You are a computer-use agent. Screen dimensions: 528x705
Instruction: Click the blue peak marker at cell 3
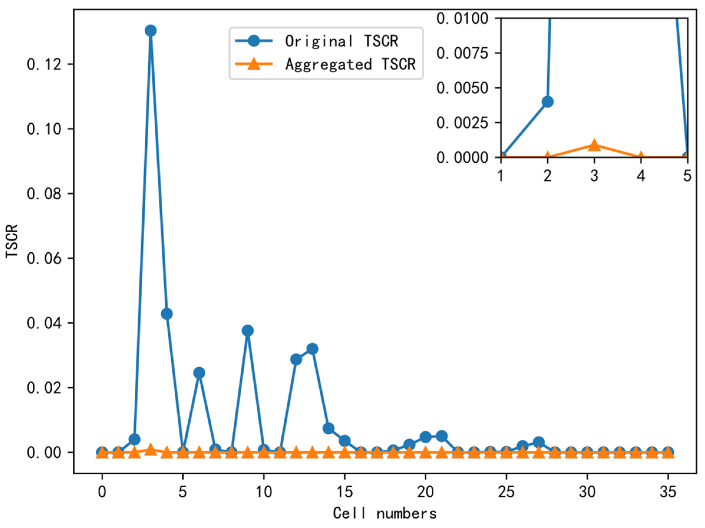point(151,31)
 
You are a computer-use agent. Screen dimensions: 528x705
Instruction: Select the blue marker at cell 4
point(167,314)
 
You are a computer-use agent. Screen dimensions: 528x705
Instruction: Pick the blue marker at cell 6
point(199,373)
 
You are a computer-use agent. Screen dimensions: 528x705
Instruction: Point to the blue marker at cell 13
point(312,349)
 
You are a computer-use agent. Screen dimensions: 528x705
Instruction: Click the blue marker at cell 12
point(296,360)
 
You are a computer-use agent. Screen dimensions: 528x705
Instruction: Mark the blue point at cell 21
point(442,436)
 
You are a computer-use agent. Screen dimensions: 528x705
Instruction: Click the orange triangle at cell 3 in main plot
point(151,450)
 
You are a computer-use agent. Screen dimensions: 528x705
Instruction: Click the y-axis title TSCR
point(12,241)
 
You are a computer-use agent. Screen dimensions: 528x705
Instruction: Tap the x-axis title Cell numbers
point(385,513)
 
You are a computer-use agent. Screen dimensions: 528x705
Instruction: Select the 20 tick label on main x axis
point(425,492)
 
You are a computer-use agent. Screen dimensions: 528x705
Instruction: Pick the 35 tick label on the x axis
point(668,492)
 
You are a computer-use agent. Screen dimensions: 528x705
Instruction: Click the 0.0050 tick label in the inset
point(462,88)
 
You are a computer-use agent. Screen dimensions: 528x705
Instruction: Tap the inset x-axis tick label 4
point(640,176)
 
